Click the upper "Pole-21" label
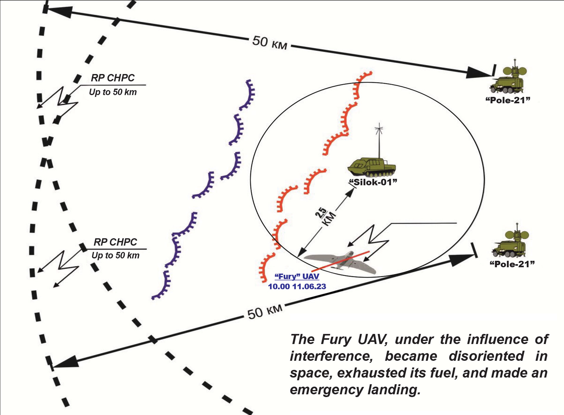click(508, 100)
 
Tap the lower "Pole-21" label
click(512, 264)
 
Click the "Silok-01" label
click(373, 182)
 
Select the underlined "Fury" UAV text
click(297, 276)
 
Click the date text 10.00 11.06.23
click(297, 287)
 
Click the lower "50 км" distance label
click(264, 312)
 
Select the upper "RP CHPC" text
click(113, 78)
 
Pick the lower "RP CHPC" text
click(115, 242)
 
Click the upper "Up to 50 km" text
click(113, 92)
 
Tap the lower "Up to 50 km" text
click(115, 256)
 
